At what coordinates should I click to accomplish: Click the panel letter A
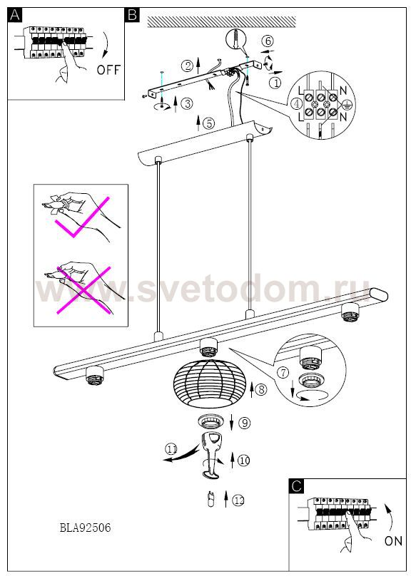tap(15, 15)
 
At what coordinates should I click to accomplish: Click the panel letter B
tap(132, 15)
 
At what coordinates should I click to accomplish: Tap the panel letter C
tap(296, 485)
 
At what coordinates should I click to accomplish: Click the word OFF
tap(108, 70)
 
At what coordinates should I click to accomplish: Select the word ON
tap(393, 540)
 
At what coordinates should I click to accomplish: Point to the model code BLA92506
tap(86, 528)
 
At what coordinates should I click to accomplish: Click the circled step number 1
tap(275, 83)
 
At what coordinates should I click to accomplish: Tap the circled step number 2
tap(188, 66)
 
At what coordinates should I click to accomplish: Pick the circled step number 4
tap(297, 104)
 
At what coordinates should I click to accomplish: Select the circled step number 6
tap(268, 41)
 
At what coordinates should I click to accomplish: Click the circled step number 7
tap(283, 372)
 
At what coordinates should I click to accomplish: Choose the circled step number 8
tap(261, 389)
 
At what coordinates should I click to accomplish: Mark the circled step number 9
tap(245, 423)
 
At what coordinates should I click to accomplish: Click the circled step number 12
tap(238, 500)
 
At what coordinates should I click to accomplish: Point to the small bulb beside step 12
tap(211, 500)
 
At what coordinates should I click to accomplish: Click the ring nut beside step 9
tap(210, 421)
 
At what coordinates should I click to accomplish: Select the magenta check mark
tap(82, 217)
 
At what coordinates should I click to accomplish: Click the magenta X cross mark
tap(83, 290)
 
